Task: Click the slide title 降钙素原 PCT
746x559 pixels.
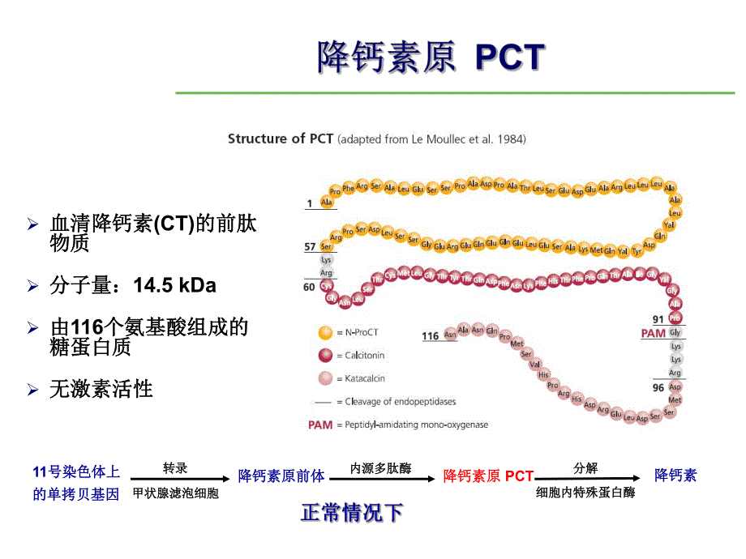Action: [430, 58]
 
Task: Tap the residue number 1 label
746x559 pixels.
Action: [309, 203]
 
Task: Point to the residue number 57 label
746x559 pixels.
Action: [311, 245]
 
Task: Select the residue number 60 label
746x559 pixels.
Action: [309, 287]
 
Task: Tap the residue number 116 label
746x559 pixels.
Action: [431, 335]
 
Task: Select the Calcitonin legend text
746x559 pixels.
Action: [365, 355]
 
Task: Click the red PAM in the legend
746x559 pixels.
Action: [320, 425]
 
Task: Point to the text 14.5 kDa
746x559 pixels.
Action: [174, 285]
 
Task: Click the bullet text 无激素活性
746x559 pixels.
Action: [101, 389]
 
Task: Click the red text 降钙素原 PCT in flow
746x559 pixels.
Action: [488, 476]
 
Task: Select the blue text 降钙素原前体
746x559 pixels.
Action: [281, 476]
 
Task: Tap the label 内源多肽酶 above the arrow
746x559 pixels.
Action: [380, 468]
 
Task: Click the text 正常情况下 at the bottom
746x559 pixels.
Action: [352, 513]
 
